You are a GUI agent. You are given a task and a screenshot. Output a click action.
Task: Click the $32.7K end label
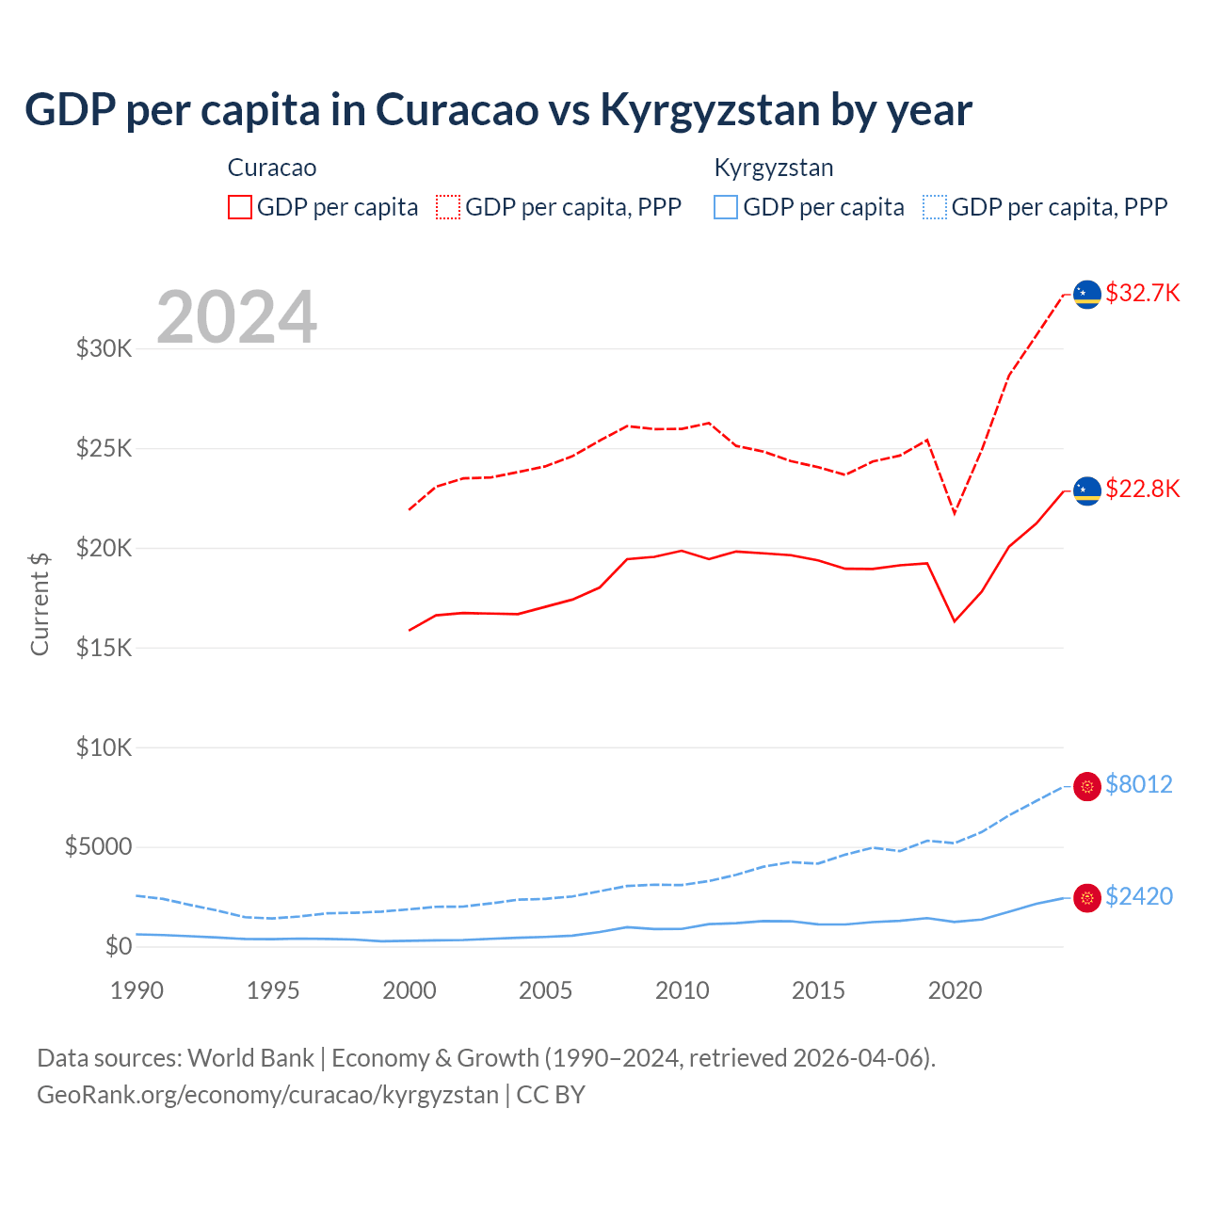[1142, 293]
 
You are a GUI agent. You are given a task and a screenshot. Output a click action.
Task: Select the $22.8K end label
[1142, 489]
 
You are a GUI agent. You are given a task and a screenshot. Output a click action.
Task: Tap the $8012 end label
[1138, 784]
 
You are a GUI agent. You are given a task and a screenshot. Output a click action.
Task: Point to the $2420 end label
[1138, 896]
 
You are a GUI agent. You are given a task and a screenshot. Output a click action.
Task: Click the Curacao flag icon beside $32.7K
[1087, 295]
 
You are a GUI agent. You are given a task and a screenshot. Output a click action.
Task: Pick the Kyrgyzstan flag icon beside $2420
[1087, 898]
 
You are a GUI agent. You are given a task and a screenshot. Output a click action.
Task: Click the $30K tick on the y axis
[104, 349]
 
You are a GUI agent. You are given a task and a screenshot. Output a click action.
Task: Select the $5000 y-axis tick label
[98, 847]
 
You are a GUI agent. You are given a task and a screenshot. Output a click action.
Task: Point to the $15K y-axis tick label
[104, 648]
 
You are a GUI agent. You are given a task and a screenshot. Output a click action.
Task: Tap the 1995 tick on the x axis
[273, 990]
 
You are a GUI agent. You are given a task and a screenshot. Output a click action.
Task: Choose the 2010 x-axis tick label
[682, 990]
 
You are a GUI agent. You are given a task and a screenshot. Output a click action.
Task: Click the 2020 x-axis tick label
[955, 990]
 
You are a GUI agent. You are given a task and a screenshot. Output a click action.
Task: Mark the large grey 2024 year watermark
[236, 317]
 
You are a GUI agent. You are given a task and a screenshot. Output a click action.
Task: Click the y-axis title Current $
[40, 604]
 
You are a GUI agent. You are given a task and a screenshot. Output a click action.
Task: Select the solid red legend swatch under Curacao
[240, 207]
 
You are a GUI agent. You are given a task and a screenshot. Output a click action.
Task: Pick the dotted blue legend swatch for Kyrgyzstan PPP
[935, 207]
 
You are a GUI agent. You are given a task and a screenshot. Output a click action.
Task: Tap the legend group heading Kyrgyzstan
[774, 168]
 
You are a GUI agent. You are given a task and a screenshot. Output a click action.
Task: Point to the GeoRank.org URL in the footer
[267, 1095]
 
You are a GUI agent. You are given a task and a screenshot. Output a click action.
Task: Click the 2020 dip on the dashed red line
[955, 513]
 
